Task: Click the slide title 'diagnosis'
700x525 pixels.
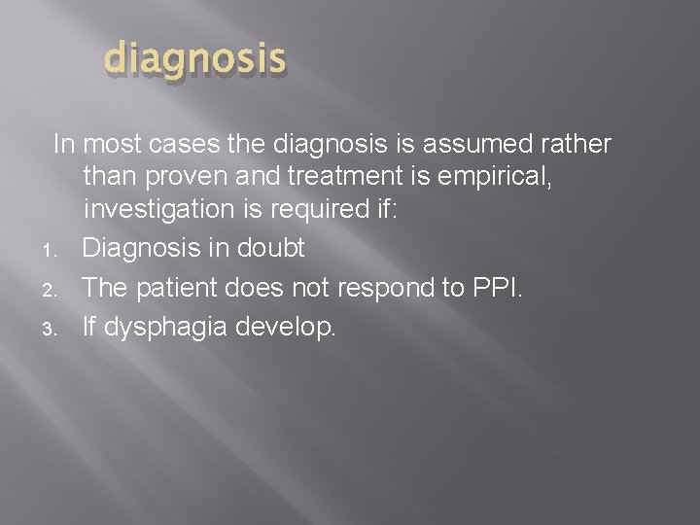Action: [x=194, y=59]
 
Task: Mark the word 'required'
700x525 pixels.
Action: [x=332, y=210]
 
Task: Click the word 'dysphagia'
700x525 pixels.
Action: [x=166, y=328]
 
